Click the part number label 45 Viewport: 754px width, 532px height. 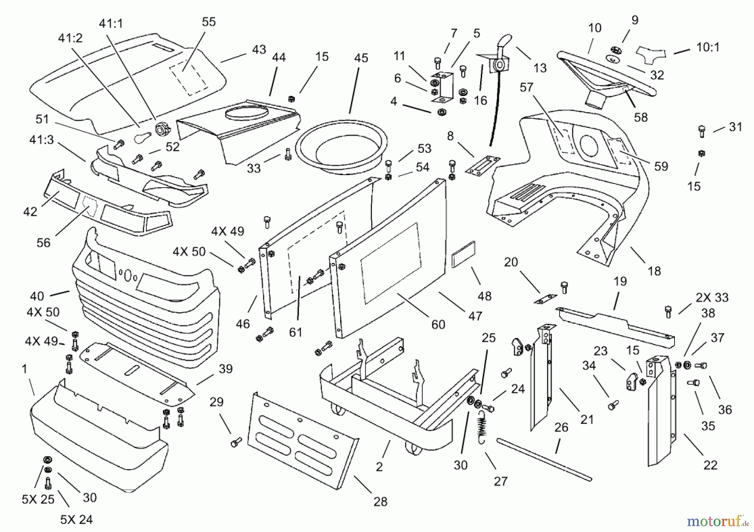(x=361, y=58)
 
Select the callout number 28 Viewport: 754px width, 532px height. (x=380, y=501)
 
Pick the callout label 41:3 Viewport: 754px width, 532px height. (x=41, y=139)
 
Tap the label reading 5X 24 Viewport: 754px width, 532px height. (x=76, y=520)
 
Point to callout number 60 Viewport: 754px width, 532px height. (x=438, y=324)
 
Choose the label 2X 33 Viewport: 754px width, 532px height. (x=712, y=297)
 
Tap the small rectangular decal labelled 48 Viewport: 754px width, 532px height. (x=463, y=255)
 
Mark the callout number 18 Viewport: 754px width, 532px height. (x=654, y=271)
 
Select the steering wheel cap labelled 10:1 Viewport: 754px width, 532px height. (x=651, y=54)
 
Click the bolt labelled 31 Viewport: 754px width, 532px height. (x=702, y=131)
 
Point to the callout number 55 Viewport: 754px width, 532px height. (x=209, y=22)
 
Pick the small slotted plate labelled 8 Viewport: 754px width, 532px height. (x=483, y=164)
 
